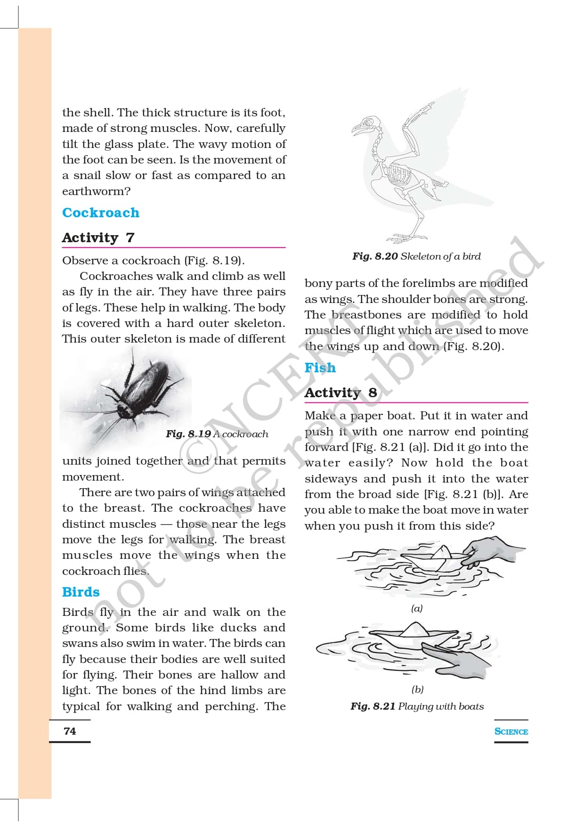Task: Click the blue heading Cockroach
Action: pos(101,213)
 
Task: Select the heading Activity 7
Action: pos(98,237)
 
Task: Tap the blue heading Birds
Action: pos(81,592)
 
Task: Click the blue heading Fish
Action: pos(320,368)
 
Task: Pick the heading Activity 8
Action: pos(341,393)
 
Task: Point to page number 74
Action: pos(70,731)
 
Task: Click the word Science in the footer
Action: pos(511,731)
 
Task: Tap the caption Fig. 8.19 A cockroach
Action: pos(217,434)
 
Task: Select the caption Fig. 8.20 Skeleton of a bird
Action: pos(416,256)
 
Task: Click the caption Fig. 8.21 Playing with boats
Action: pos(417,706)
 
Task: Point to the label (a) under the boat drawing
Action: pos(417,608)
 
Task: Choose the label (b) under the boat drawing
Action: pos(417,689)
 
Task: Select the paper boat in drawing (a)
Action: pos(436,558)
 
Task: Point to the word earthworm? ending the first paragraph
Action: pos(96,191)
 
